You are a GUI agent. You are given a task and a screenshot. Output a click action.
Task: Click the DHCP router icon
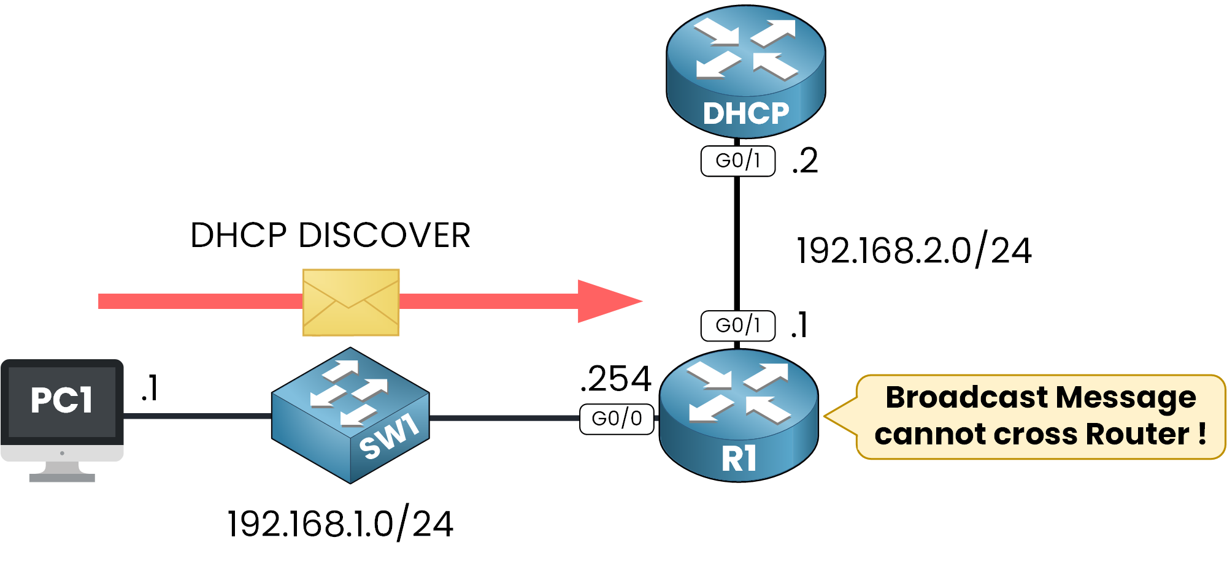pos(745,70)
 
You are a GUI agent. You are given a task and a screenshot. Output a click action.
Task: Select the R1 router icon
pos(738,416)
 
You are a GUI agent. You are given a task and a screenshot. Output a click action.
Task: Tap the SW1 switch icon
pos(350,416)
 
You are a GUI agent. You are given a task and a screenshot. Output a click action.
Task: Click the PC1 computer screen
pos(62,401)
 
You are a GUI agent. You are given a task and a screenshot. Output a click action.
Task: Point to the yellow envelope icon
pos(351,303)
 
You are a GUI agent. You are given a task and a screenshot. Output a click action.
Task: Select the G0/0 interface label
pos(617,419)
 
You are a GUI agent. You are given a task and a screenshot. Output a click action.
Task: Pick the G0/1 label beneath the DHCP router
pos(738,161)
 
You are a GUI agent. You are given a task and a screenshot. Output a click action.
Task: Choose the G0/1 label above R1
pos(738,325)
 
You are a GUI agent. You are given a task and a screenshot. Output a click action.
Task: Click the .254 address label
pos(615,379)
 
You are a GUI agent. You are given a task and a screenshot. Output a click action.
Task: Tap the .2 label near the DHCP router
pos(805,161)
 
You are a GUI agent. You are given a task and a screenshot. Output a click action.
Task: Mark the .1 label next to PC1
pos(150,388)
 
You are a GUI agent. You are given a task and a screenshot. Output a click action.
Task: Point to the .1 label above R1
pos(799,325)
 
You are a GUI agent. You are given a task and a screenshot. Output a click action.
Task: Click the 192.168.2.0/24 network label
pos(914,251)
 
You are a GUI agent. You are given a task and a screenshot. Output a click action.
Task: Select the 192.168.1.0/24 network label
pos(340,524)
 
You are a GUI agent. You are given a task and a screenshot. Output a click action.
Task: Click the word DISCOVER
pos(384,235)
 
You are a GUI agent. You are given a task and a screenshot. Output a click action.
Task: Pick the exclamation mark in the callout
pos(1202,434)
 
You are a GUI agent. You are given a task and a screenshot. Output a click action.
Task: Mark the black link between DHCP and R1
pos(737,245)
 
